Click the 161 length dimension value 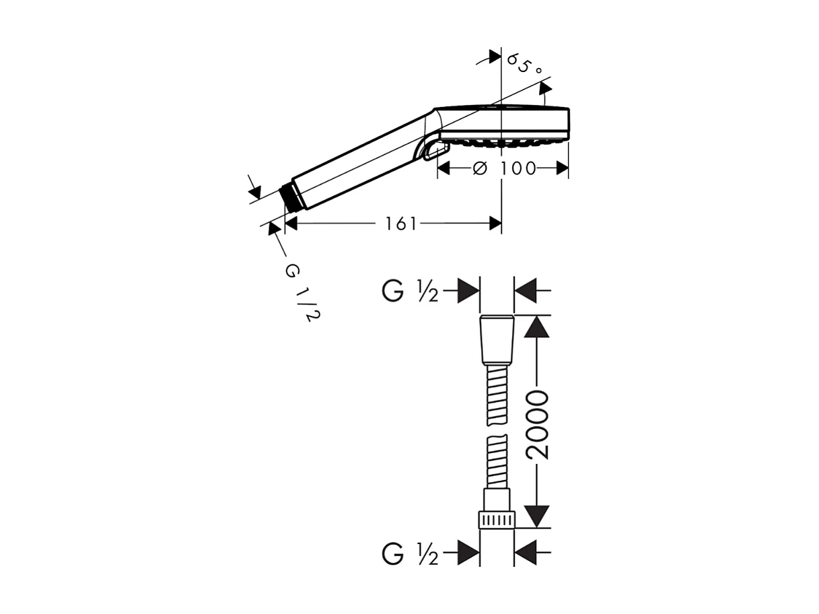401,224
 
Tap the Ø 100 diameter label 506,168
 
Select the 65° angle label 525,65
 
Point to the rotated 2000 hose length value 538,424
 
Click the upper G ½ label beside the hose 411,292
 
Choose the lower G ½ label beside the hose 411,555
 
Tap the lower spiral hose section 497,461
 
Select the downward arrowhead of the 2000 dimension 536,516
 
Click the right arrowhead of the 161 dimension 495,224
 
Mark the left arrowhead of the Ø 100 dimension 444,168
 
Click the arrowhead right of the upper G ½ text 468,292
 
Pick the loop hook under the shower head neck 430,151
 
